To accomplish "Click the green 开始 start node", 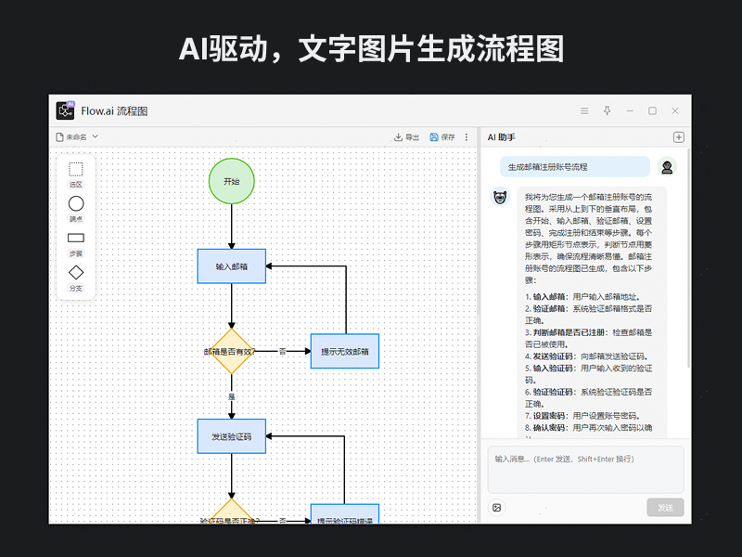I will pyautogui.click(x=231, y=182).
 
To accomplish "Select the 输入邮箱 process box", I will pyautogui.click(x=231, y=266).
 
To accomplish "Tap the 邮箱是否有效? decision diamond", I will pyautogui.click(x=231, y=351).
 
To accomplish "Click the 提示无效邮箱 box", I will pyautogui.click(x=344, y=351).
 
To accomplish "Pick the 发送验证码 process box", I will pyautogui.click(x=231, y=436).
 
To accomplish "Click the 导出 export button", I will pyautogui.click(x=406, y=137).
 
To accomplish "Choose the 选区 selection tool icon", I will pyautogui.click(x=76, y=170).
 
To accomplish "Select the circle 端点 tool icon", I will pyautogui.click(x=76, y=203).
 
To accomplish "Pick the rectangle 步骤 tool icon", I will pyautogui.click(x=76, y=238).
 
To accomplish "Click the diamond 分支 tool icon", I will pyautogui.click(x=76, y=273).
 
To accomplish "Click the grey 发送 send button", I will pyautogui.click(x=665, y=508).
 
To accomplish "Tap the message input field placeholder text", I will pyautogui.click(x=564, y=459).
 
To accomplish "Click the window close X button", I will pyautogui.click(x=675, y=110).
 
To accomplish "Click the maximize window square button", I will pyautogui.click(x=652, y=110).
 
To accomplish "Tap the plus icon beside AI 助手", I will pyautogui.click(x=678, y=137).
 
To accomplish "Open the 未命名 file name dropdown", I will pyautogui.click(x=76, y=137).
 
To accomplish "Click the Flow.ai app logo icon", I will pyautogui.click(x=65, y=110).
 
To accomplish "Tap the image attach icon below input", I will pyautogui.click(x=497, y=508).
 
